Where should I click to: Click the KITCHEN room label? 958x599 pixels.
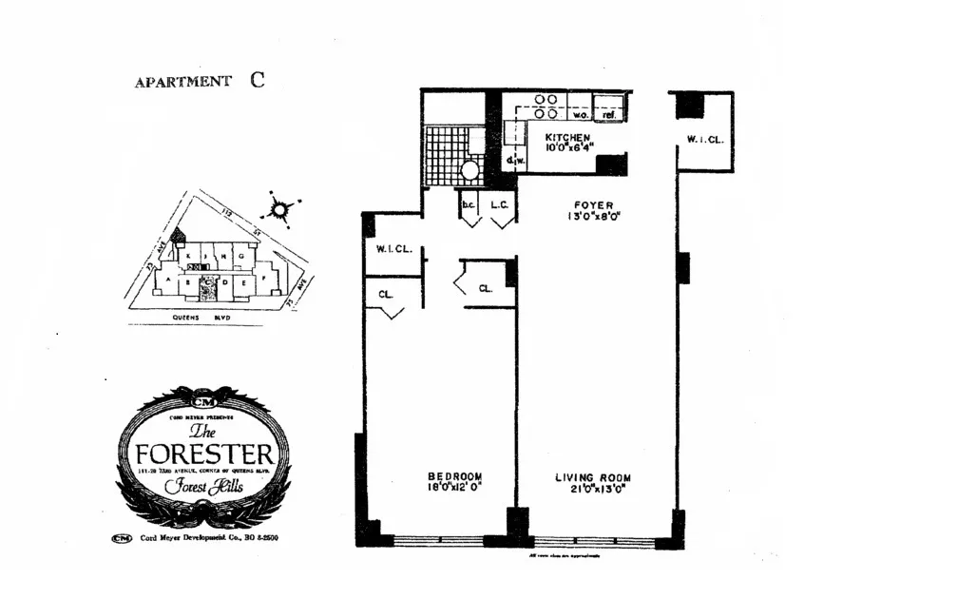[x=568, y=139]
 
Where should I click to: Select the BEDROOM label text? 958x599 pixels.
[x=454, y=477]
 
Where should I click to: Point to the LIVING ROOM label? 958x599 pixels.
[x=593, y=477]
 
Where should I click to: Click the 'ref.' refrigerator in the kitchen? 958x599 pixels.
[x=609, y=114]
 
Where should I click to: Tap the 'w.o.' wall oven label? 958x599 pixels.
[x=580, y=114]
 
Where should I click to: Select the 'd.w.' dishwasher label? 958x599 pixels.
[x=516, y=160]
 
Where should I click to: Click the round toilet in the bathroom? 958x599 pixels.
[x=469, y=171]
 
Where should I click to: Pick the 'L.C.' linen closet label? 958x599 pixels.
[x=500, y=204]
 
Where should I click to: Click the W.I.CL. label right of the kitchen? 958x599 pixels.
[x=704, y=140]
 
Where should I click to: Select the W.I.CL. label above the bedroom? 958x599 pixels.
[x=393, y=251]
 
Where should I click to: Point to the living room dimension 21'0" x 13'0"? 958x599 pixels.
[x=593, y=490]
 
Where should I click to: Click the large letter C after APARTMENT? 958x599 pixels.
[x=257, y=80]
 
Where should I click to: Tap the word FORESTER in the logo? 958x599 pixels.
[x=204, y=453]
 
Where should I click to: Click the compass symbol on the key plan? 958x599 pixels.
[x=278, y=208]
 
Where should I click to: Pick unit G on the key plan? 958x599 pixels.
[x=241, y=258]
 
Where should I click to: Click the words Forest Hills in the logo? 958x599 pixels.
[x=201, y=487]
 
